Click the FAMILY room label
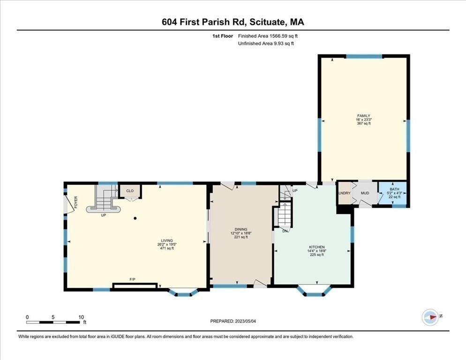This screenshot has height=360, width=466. click(363, 115)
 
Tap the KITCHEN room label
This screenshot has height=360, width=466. click(317, 247)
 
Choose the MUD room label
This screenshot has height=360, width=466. click(365, 193)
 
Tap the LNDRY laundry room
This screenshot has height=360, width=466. click(345, 193)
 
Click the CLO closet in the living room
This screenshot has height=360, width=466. click(130, 191)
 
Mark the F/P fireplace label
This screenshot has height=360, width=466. click(133, 279)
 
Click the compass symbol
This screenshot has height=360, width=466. click(430, 317)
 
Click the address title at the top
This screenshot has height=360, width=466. click(233, 22)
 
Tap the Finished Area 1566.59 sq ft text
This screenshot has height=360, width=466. click(268, 36)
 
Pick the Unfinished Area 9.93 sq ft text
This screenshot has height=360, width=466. click(266, 44)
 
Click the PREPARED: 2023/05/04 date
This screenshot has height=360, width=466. click(234, 321)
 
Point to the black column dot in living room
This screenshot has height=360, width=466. click(135, 218)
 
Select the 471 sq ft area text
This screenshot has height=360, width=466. click(167, 248)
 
